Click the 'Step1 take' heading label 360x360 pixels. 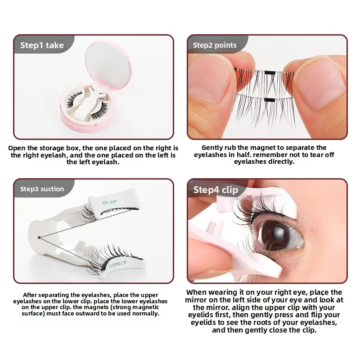(42, 45)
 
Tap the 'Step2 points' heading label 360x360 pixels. (215, 45)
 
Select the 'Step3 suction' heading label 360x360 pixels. (42, 189)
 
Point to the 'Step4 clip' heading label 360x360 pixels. (216, 190)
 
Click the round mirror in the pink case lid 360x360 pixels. (108, 64)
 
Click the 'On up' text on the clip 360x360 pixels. (109, 202)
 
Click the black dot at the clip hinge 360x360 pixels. (39, 238)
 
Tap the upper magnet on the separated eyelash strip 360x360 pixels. (270, 73)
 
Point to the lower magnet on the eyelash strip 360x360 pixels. (270, 100)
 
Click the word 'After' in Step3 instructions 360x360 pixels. (30, 295)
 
